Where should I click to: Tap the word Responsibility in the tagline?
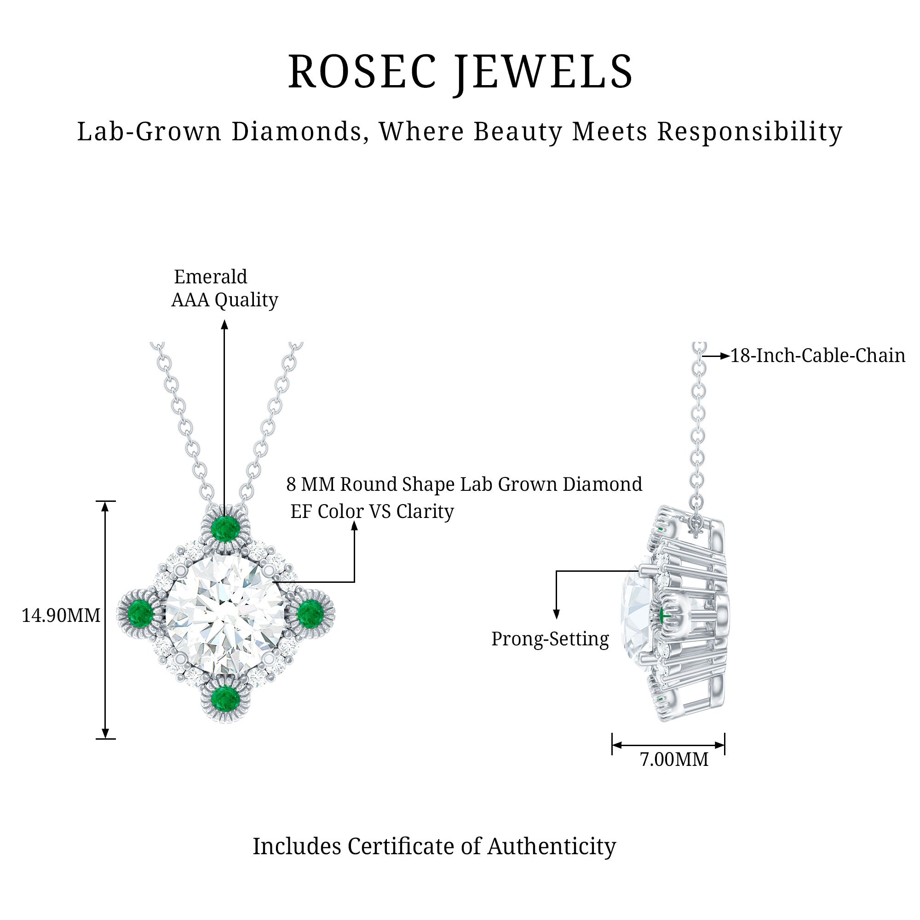(749, 132)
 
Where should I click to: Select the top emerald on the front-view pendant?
(225, 528)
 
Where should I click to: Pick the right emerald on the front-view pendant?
(310, 612)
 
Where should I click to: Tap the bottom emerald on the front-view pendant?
(225, 699)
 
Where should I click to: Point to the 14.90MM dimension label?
(61, 616)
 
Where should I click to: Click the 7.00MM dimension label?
(674, 759)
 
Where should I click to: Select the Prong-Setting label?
(550, 639)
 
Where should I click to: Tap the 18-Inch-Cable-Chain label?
(817, 356)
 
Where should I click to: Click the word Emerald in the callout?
(211, 276)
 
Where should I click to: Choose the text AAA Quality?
(225, 300)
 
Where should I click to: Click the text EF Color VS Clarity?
(372, 512)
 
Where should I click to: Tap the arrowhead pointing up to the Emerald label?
(225, 325)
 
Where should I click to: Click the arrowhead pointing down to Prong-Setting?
(556, 614)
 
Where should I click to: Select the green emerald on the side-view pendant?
(664, 616)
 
